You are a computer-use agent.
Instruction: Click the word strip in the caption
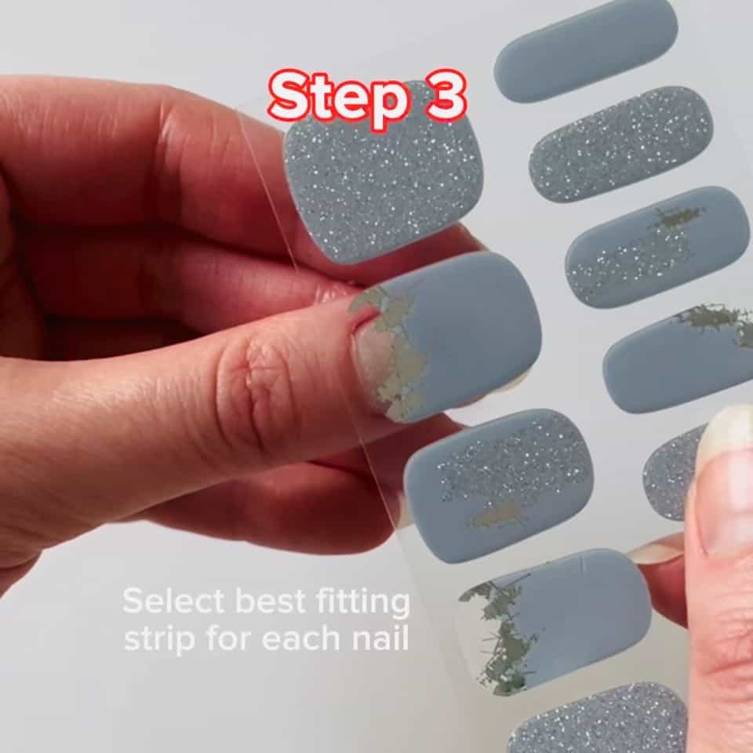click(157, 639)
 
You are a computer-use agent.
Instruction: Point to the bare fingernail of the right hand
click(726, 486)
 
